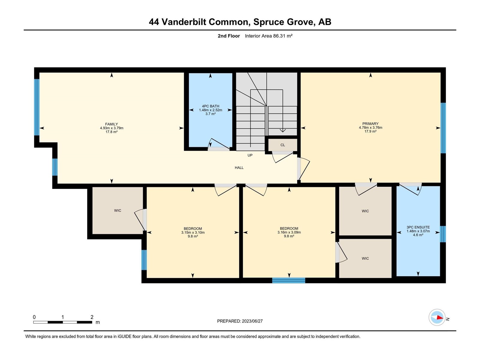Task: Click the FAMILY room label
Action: point(112,124)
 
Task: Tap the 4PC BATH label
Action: point(210,106)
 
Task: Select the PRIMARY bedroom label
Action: point(370,124)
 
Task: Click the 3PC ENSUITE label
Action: point(418,227)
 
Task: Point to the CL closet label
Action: point(283,145)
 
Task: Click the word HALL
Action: point(239,168)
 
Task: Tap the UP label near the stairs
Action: point(250,155)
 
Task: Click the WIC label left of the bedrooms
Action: point(117,211)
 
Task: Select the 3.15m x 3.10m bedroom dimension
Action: point(193,232)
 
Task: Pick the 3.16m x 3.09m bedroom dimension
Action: point(289,232)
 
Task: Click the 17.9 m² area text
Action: point(370,132)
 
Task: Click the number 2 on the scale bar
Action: point(92,317)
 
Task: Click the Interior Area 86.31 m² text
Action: point(268,36)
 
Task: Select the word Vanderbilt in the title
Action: point(184,22)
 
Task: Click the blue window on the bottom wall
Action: point(288,280)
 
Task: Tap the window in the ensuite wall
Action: point(442,234)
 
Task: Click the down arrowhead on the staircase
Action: point(283,130)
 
